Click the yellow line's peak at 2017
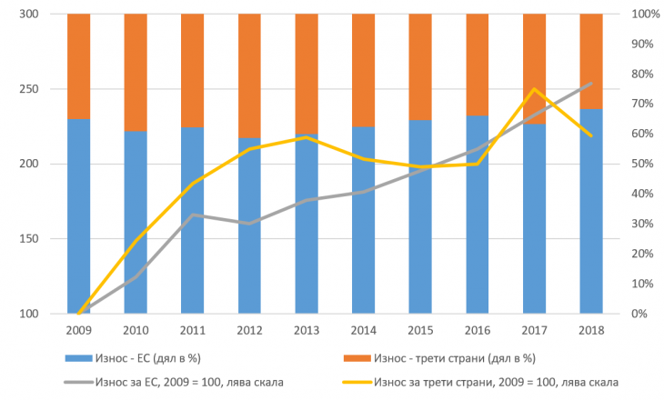click(x=535, y=89)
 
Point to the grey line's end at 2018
click(x=591, y=84)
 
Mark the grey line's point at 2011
click(x=193, y=215)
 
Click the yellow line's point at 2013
click(x=307, y=137)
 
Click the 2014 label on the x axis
click(x=363, y=329)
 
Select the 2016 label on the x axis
click(x=478, y=329)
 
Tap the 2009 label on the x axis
click(x=79, y=329)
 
